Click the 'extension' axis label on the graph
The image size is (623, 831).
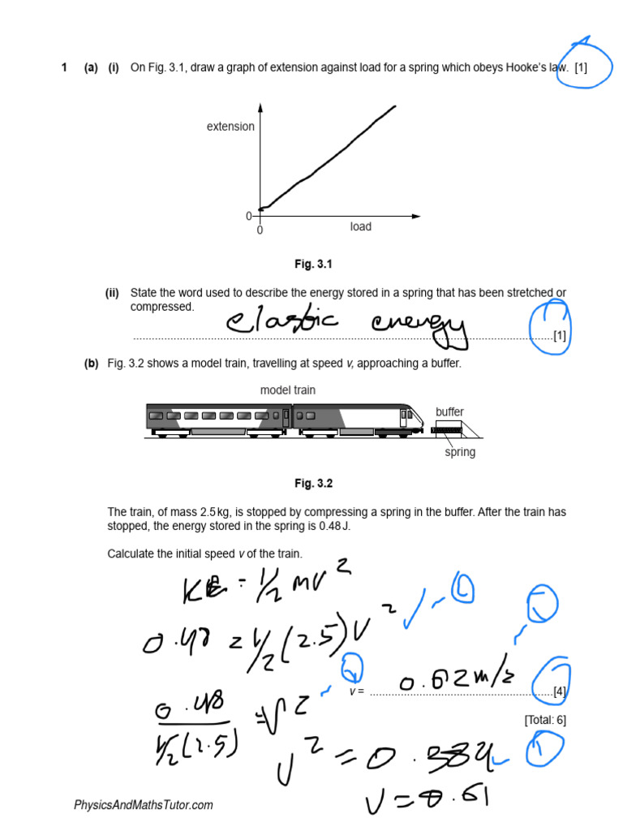[230, 127]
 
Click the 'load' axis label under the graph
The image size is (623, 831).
[360, 226]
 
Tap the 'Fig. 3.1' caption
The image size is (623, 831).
[313, 265]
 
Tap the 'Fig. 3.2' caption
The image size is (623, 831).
[313, 484]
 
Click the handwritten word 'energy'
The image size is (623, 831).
[419, 325]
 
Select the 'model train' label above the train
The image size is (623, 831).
[288, 390]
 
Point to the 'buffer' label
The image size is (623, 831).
[450, 412]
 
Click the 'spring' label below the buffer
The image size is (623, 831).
[460, 452]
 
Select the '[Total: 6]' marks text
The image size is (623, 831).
[545, 720]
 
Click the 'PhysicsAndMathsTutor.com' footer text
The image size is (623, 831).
[144, 805]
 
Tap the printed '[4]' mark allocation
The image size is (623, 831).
[560, 691]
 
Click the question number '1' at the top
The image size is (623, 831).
[64, 67]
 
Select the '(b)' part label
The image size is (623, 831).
[91, 364]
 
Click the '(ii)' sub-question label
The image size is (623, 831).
[112, 293]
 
